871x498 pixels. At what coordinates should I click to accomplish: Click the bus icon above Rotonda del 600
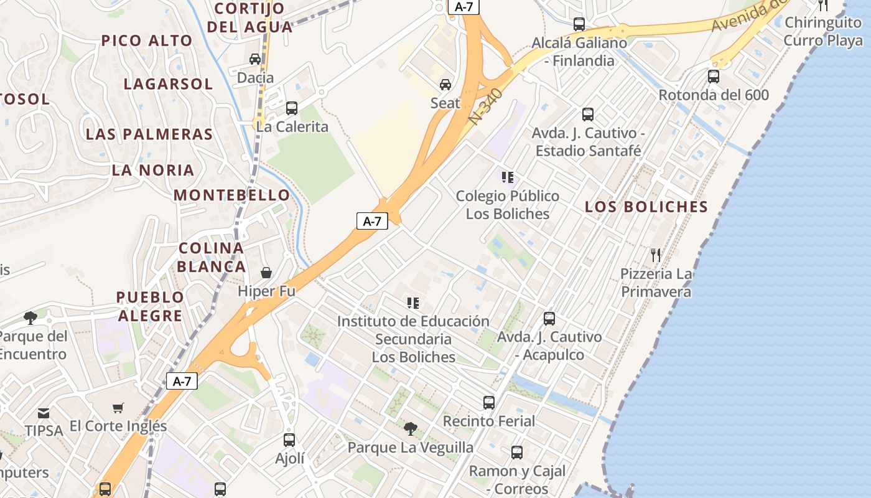pos(714,77)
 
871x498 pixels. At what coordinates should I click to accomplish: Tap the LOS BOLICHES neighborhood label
pos(646,207)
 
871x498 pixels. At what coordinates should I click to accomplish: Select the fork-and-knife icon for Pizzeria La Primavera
pos(655,255)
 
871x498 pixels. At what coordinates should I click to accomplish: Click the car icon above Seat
pos(445,85)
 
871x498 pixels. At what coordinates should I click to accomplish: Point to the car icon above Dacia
pos(255,59)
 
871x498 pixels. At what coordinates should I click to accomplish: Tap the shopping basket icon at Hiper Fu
pos(266,273)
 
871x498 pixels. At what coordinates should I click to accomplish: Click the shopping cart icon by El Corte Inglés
pos(118,408)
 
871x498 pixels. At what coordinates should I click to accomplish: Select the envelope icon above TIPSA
pos(44,413)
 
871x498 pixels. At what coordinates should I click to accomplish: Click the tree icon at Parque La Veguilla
pos(410,428)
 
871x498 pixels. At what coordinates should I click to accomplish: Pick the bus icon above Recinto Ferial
pos(489,403)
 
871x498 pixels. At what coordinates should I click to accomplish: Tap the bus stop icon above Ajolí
pos(289,440)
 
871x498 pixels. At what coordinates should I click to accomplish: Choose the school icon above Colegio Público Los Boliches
pos(508,177)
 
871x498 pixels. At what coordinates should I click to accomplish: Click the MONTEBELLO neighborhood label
pos(231,195)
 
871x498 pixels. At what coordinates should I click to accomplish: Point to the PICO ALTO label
pos(147,41)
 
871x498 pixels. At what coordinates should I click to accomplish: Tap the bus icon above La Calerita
pos(292,108)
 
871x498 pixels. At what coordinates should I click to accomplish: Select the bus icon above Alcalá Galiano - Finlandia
pos(579,24)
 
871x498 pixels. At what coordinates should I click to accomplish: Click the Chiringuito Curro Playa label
pos(823,32)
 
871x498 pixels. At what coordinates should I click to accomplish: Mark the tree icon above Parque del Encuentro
pos(30,318)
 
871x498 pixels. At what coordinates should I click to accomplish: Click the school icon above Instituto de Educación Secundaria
pos(413,303)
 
